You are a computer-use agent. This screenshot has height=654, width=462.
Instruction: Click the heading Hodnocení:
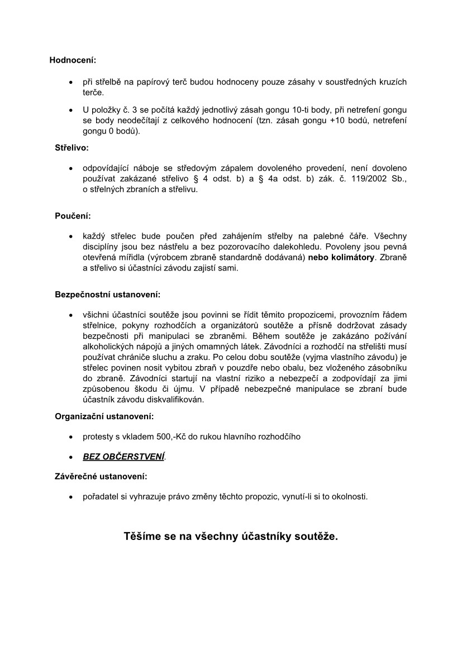point(73,60)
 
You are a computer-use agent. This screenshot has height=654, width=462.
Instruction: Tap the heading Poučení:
point(73,216)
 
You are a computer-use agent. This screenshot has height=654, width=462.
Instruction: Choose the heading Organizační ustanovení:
point(104,416)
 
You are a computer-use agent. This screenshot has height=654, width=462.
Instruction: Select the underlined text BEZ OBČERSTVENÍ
point(123,457)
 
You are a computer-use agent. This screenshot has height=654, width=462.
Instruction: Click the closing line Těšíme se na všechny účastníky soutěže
point(231,537)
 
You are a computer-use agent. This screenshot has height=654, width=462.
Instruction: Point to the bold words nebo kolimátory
point(341,257)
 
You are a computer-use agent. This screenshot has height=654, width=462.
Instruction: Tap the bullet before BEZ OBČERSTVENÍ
point(70,457)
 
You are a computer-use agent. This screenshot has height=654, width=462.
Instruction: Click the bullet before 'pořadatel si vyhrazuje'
point(70,496)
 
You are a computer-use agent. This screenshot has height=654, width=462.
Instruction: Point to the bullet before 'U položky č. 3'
point(70,111)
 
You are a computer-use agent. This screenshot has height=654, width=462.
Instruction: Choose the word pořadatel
point(101,496)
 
